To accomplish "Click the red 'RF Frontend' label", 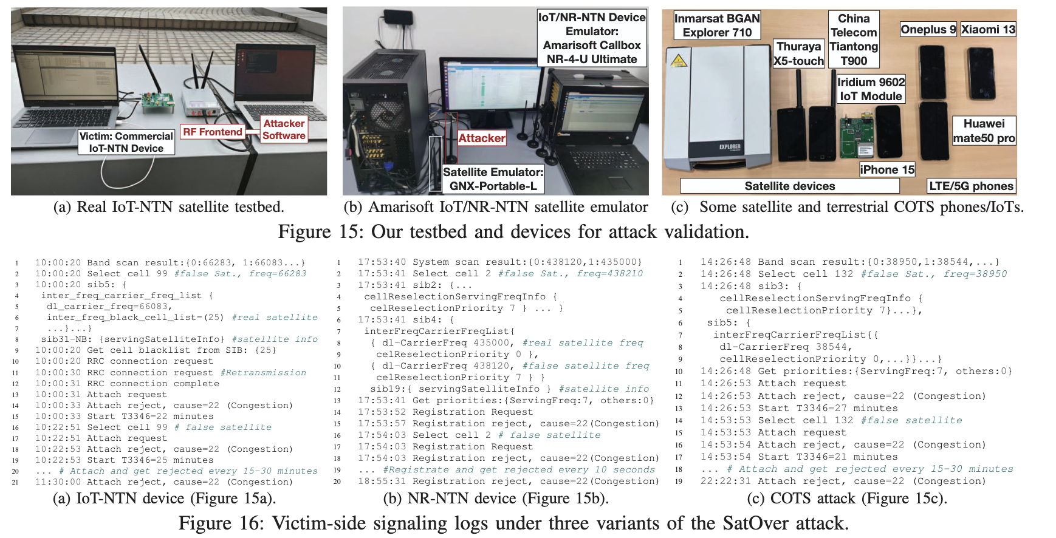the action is (x=213, y=132).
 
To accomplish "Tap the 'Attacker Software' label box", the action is (x=284, y=129).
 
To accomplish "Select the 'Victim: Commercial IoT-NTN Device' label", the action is (x=126, y=142).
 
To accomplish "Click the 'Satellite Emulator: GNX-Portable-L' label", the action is (x=493, y=179).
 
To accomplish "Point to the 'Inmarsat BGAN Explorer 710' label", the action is (x=717, y=26).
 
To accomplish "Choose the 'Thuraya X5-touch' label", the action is (x=798, y=53).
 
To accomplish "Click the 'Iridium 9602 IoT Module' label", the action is (x=871, y=89).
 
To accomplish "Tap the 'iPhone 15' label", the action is (x=887, y=169).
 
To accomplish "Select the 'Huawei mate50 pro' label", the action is (x=984, y=131).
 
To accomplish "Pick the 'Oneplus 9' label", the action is (x=928, y=29).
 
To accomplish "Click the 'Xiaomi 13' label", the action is (x=988, y=29).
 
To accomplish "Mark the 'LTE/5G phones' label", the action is (x=971, y=186).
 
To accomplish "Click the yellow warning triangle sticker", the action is (x=678, y=60).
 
